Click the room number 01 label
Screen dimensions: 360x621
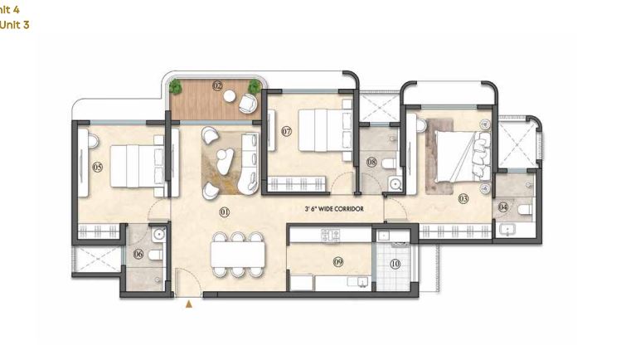pyautogui.click(x=224, y=212)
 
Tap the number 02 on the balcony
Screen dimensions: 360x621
pyautogui.click(x=218, y=85)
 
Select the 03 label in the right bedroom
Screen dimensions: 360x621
pyautogui.click(x=463, y=198)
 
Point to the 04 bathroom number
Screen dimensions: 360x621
pyautogui.click(x=503, y=207)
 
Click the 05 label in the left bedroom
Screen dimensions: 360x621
pyautogui.click(x=97, y=167)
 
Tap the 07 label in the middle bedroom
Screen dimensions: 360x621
pyautogui.click(x=286, y=131)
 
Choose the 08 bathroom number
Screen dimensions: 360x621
pyautogui.click(x=371, y=163)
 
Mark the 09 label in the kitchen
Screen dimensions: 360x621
pyautogui.click(x=338, y=262)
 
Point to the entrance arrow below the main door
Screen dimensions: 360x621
pyautogui.click(x=189, y=305)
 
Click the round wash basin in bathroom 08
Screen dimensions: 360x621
pyautogui.click(x=395, y=184)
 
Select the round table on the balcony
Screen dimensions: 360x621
pyautogui.click(x=232, y=96)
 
